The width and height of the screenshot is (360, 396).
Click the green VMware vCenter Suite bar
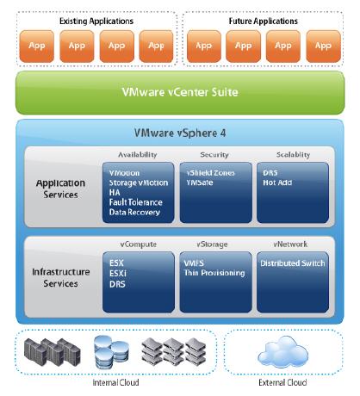tap(180, 93)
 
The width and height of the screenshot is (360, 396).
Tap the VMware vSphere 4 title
tap(180, 133)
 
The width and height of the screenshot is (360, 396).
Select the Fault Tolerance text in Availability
tap(135, 202)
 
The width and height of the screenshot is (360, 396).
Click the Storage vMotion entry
tap(139, 183)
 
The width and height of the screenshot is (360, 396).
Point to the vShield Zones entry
tap(210, 173)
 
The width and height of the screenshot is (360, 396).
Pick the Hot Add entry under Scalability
tap(277, 183)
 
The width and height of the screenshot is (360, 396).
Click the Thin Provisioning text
tap(214, 273)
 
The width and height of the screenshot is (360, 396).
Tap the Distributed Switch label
tap(293, 263)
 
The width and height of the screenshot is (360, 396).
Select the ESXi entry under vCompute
tap(118, 274)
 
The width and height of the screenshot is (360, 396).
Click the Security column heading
tap(214, 155)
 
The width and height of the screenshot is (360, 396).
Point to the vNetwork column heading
tap(290, 244)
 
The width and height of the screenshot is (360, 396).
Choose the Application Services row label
tap(60, 189)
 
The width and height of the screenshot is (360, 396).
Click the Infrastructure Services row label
tap(60, 277)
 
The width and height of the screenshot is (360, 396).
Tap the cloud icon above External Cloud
tap(282, 352)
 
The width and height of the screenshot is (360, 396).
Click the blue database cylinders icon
tap(111, 352)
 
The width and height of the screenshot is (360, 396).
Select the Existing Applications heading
tap(96, 21)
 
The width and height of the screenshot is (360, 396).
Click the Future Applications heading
tap(263, 21)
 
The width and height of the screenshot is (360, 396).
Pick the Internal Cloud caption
tap(115, 382)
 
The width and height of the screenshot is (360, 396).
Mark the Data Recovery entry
tap(134, 213)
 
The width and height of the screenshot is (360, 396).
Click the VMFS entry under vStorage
tap(194, 263)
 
